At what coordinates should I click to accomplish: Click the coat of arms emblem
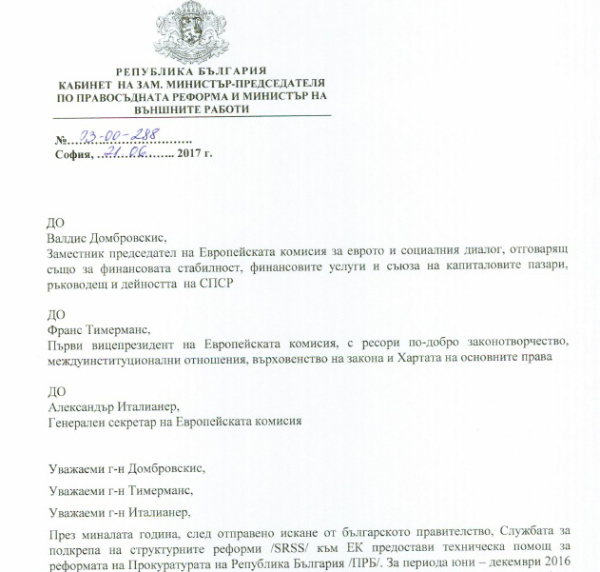[191, 32]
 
